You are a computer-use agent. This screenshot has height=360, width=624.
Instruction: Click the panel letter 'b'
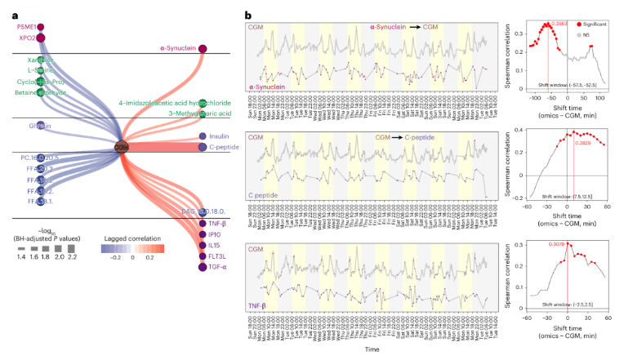pyautogui.click(x=247, y=12)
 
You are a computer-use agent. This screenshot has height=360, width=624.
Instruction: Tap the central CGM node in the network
pyautogui.click(x=123, y=147)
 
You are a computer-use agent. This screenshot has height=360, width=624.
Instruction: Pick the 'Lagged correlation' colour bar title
pyautogui.click(x=132, y=242)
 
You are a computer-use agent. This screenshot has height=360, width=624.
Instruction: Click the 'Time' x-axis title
pyautogui.click(x=372, y=347)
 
